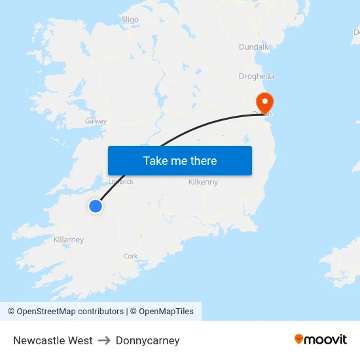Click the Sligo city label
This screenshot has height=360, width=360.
click(x=130, y=20)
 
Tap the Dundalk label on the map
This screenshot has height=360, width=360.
click(x=254, y=47)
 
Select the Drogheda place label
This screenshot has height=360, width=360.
click(x=256, y=77)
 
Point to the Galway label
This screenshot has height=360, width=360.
click(x=96, y=121)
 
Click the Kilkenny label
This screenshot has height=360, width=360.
click(x=203, y=182)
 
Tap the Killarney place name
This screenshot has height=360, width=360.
click(x=69, y=240)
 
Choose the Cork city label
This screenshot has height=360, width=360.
click(x=131, y=256)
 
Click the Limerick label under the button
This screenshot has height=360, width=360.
click(x=120, y=181)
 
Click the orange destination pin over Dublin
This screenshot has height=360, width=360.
click(x=264, y=102)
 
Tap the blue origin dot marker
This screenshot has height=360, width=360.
click(x=96, y=206)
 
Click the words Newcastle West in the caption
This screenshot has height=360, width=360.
click(x=53, y=340)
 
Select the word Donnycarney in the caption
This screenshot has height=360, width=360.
click(x=147, y=340)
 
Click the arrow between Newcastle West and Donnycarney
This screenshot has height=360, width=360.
click(x=104, y=340)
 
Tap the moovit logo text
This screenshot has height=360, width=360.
click(x=326, y=339)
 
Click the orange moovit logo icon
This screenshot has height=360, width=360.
click(x=299, y=338)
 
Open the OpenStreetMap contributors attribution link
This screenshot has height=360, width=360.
click(x=65, y=312)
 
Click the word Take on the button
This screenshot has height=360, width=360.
click(x=156, y=161)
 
